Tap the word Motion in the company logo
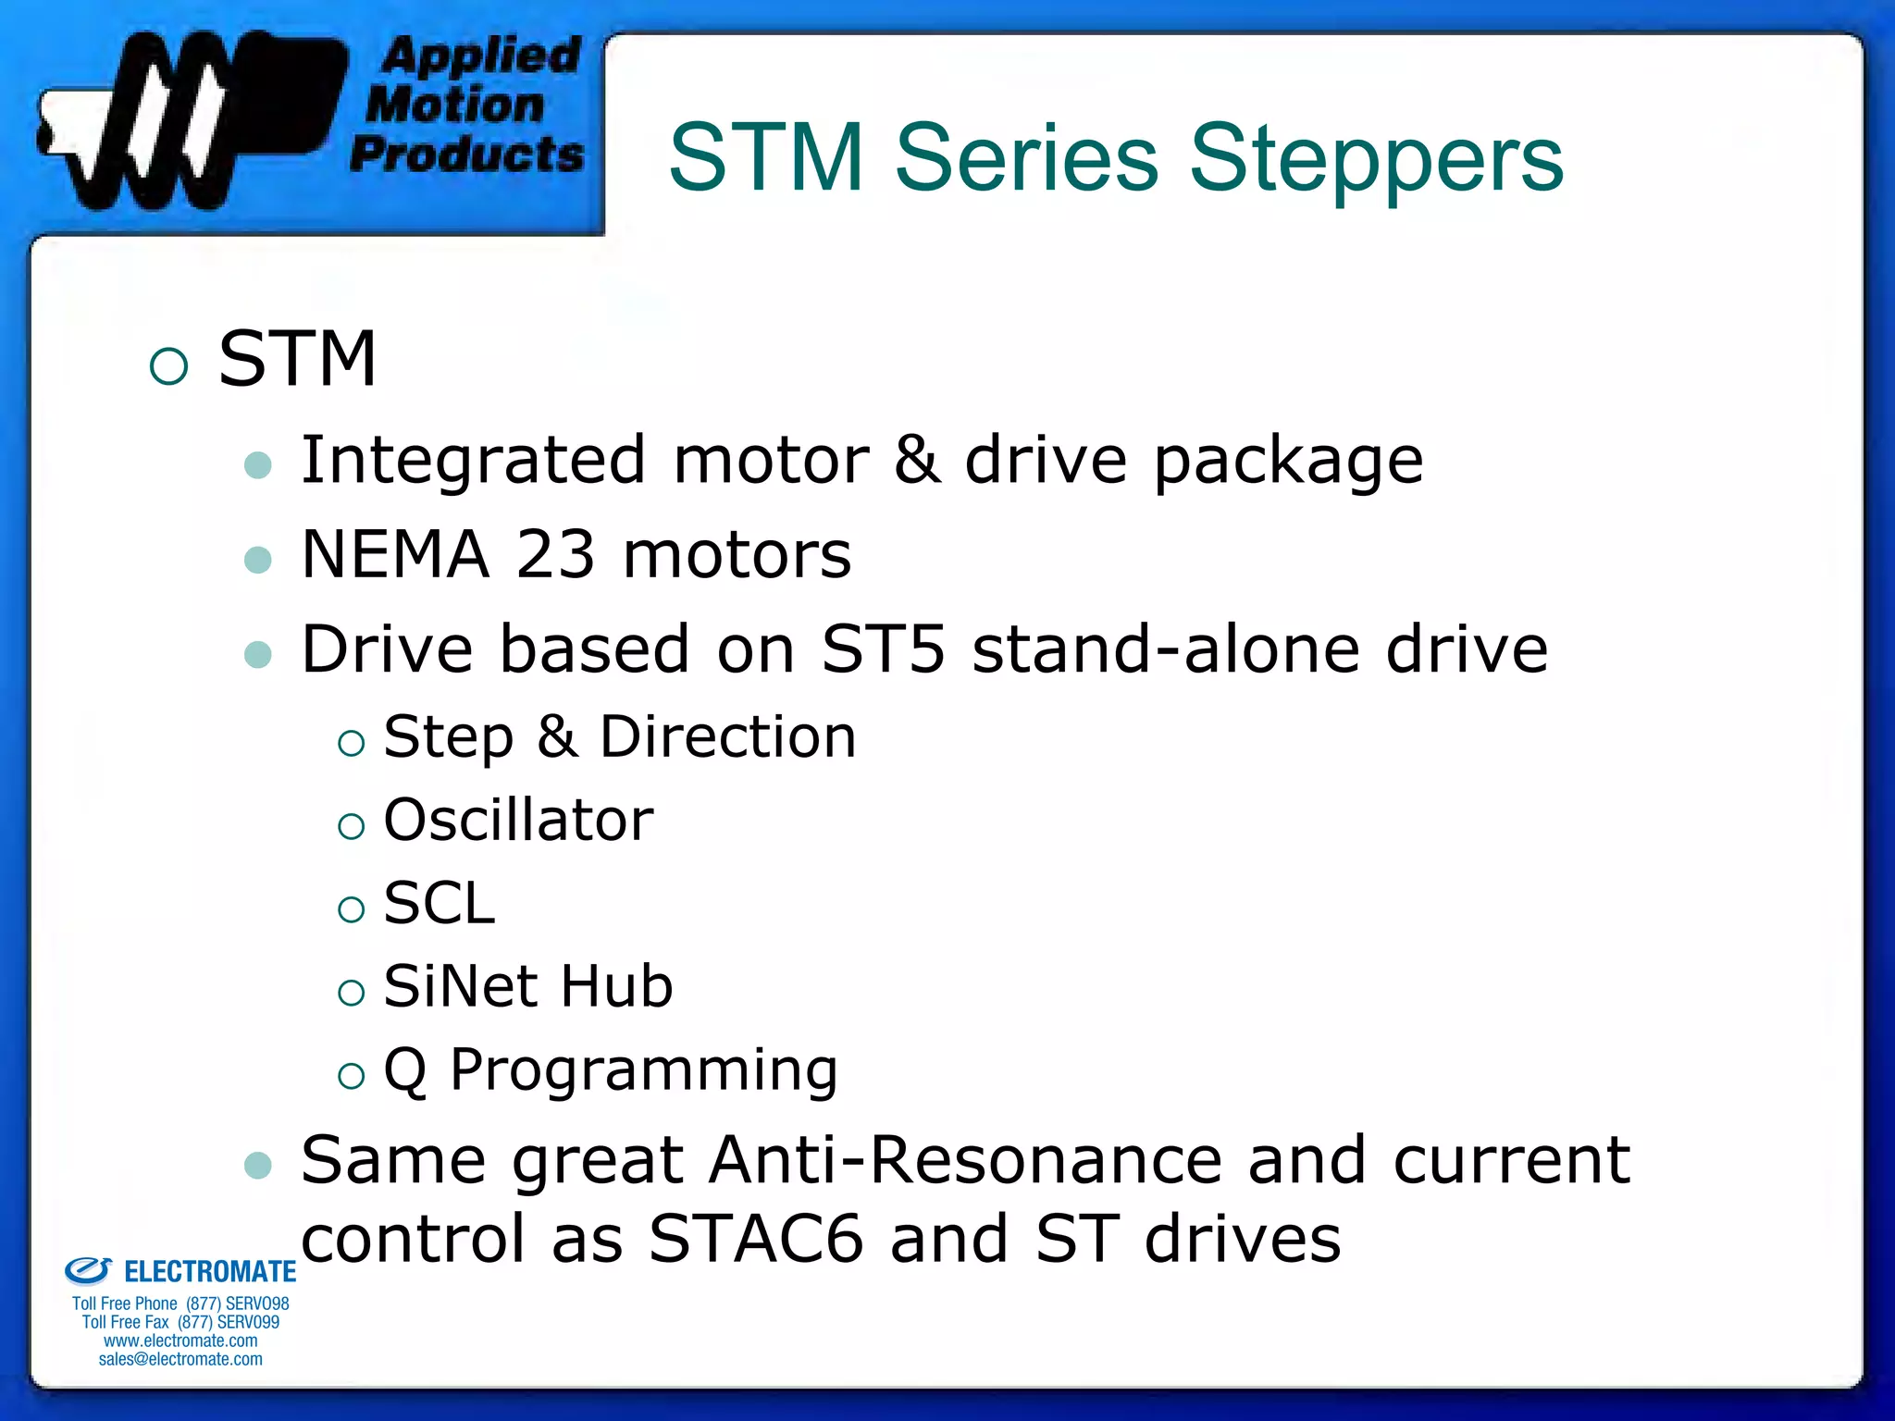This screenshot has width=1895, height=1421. (454, 105)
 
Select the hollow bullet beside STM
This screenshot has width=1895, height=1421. (168, 366)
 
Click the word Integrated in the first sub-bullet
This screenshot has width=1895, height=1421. (473, 460)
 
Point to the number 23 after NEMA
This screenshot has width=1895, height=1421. (554, 554)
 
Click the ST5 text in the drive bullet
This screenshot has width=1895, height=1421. (883, 649)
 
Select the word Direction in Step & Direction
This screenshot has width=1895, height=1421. (727, 737)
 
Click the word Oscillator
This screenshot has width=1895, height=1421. (518, 821)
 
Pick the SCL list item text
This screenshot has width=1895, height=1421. (440, 904)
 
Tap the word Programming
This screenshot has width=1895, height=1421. (644, 1070)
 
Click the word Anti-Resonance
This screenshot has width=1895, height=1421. (965, 1160)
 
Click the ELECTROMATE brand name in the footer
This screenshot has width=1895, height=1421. (209, 1272)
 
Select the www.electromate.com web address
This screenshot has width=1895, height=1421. (180, 1341)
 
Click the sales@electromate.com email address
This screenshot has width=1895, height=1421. (180, 1359)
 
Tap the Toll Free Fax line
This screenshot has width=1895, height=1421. (180, 1322)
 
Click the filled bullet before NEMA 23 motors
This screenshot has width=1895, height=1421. (258, 560)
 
